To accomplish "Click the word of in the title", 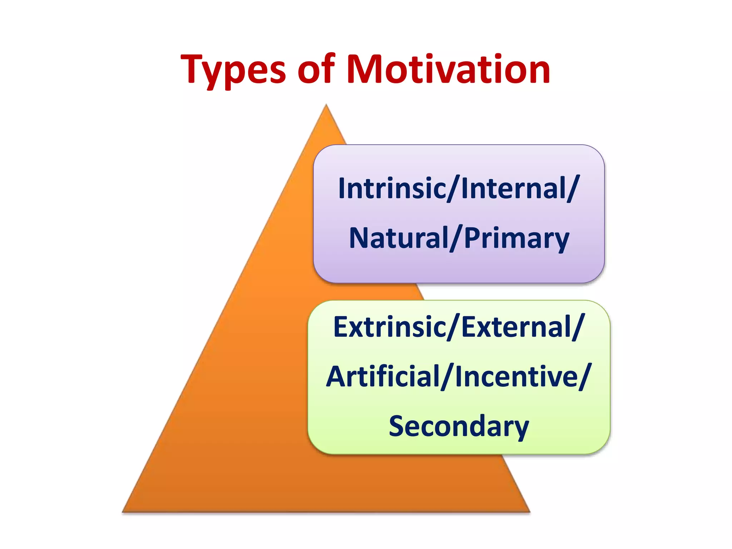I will pos(316,70).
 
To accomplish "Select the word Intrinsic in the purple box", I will pos(391,188).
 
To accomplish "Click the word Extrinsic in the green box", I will pos(389,327).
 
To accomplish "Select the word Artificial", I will pos(383,377).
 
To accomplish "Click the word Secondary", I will pos(459,426).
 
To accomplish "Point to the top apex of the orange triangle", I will pos(326,105).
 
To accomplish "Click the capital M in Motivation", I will pos(364,70).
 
